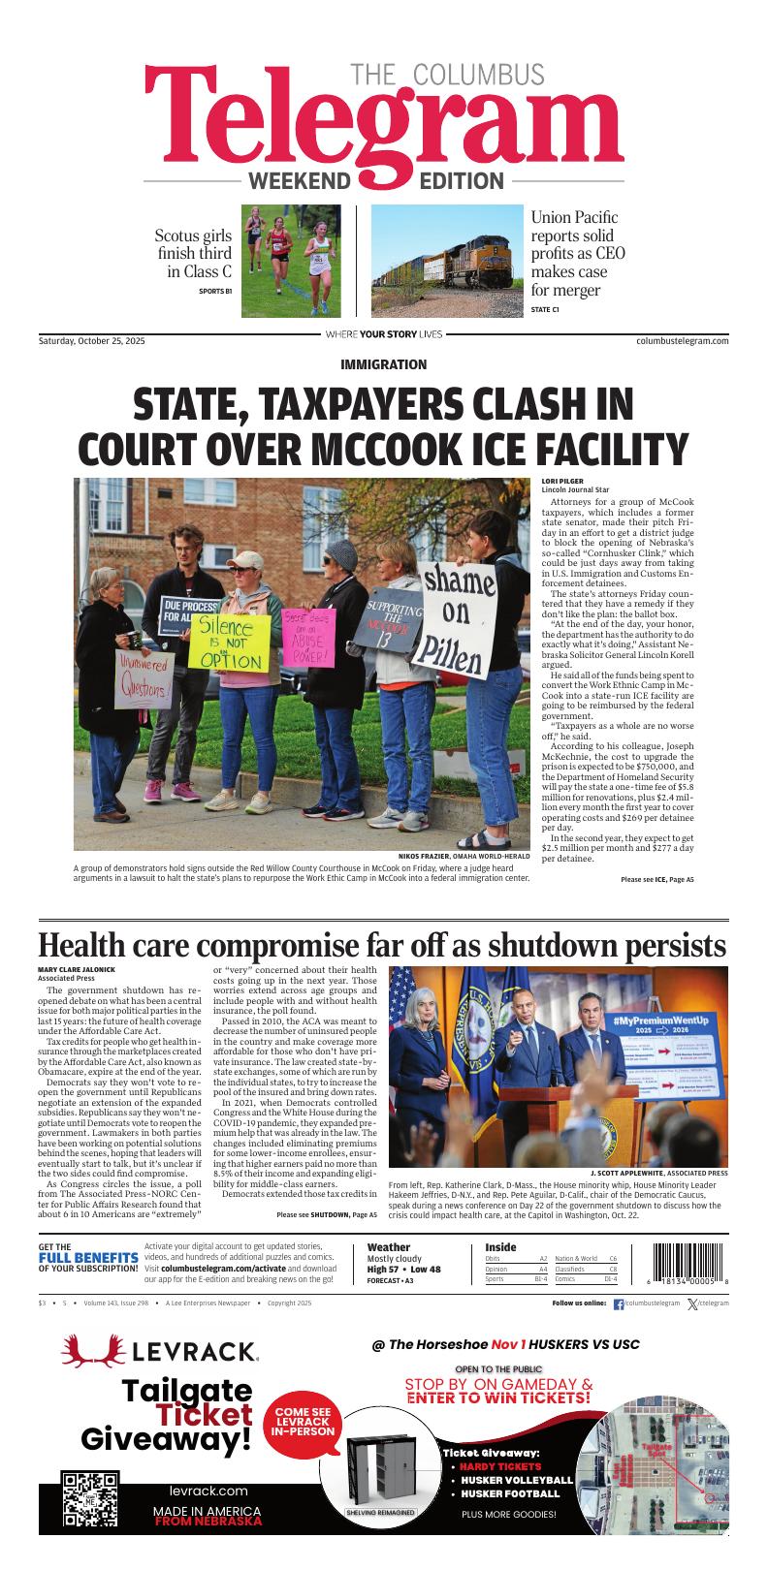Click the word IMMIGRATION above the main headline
coord(384,364)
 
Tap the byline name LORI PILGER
coord(562,482)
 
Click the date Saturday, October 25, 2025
coord(91,340)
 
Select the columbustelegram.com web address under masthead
coord(683,340)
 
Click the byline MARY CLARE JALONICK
coord(77,970)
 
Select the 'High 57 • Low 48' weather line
coord(403,1270)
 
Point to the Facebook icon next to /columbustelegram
coord(619,1304)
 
